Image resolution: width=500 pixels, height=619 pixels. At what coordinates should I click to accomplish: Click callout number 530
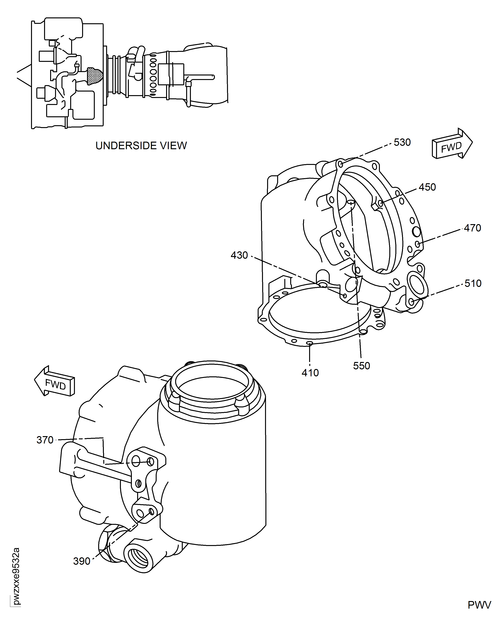point(402,142)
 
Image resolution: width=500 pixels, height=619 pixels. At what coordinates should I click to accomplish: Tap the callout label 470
point(472,228)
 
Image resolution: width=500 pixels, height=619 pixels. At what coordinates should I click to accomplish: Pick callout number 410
point(310,373)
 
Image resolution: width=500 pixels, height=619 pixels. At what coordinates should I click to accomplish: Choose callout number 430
point(239,255)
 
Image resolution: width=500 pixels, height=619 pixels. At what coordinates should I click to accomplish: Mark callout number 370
point(45,440)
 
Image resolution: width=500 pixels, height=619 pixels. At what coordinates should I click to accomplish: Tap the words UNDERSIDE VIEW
point(141,146)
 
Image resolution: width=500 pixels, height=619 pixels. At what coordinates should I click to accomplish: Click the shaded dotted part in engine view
point(95,76)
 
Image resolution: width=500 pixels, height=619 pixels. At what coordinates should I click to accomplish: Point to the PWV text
point(479,605)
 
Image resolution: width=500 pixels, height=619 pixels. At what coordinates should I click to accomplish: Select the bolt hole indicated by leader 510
point(411,302)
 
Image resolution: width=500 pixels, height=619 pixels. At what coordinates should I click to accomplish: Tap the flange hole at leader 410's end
point(310,343)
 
